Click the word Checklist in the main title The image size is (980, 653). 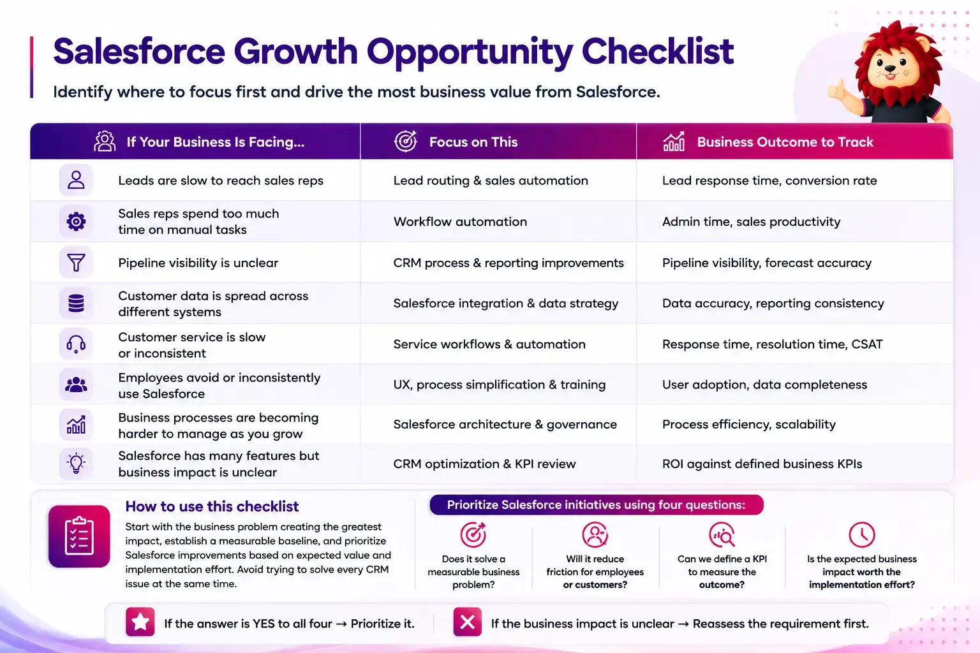click(x=658, y=51)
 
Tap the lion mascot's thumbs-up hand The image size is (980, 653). click(x=837, y=90)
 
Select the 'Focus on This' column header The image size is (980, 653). click(x=473, y=142)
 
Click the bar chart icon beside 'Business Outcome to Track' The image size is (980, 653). click(x=674, y=142)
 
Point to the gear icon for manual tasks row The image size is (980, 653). click(x=76, y=221)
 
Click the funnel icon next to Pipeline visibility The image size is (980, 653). click(x=76, y=263)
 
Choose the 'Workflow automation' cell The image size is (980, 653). click(x=460, y=222)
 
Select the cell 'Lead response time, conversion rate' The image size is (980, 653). click(x=769, y=180)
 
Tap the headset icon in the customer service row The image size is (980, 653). click(x=76, y=344)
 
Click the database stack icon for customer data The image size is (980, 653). click(x=76, y=303)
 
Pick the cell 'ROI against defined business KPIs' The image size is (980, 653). click(x=762, y=464)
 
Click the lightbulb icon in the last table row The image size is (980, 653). click(x=76, y=463)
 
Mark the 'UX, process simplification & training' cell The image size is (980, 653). click(x=500, y=385)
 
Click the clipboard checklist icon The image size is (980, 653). click(x=79, y=536)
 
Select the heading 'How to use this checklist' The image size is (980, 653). click(x=212, y=506)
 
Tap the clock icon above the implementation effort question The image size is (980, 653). click(x=862, y=534)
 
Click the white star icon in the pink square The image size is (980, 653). click(x=140, y=622)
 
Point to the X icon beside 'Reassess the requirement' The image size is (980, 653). click(x=467, y=622)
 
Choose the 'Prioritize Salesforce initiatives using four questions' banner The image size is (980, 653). click(x=597, y=504)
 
